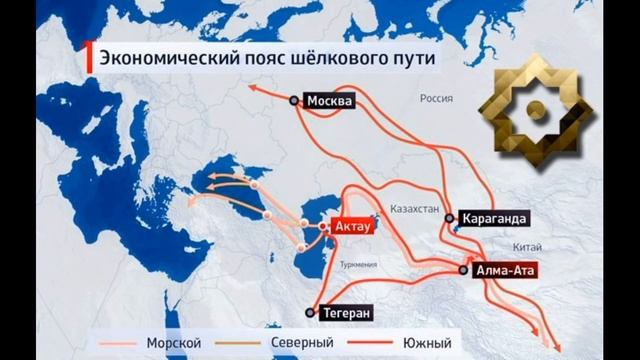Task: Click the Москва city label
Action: tap(331, 100)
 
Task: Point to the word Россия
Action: tap(437, 100)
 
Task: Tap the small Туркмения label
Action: tap(358, 265)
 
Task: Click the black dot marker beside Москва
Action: tap(294, 100)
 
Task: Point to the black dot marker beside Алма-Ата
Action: tap(463, 270)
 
